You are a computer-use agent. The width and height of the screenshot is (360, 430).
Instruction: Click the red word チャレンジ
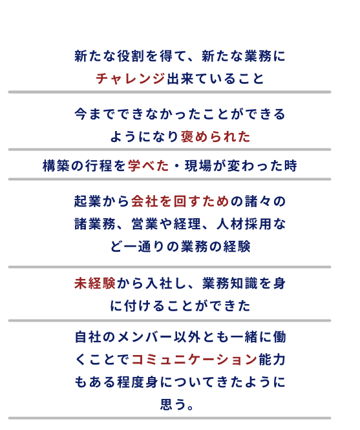click(x=131, y=79)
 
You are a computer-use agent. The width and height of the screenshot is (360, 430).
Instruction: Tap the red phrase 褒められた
click(x=216, y=137)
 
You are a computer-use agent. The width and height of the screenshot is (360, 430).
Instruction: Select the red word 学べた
click(x=148, y=166)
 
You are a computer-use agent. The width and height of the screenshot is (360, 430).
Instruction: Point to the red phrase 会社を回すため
click(x=180, y=201)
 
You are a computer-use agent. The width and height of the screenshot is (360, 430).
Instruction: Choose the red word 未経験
click(x=95, y=283)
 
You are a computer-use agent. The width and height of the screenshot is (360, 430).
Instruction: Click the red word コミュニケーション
click(x=195, y=360)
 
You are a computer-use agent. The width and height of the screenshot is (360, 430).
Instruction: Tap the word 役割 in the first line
click(x=131, y=56)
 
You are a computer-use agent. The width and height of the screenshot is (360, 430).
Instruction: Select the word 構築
click(x=56, y=166)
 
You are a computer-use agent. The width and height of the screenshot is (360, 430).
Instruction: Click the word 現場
click(x=198, y=166)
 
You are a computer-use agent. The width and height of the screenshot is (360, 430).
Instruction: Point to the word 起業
click(x=88, y=201)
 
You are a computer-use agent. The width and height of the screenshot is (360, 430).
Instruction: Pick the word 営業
click(x=145, y=224)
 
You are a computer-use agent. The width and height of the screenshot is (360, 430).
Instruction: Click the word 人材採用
click(x=244, y=224)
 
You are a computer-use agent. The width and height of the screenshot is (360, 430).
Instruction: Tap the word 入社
click(x=159, y=283)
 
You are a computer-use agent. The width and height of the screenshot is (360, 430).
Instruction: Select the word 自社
click(x=88, y=337)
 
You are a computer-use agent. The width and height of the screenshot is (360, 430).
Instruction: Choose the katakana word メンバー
click(x=145, y=337)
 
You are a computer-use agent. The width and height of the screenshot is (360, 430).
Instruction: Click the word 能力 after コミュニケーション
click(x=272, y=360)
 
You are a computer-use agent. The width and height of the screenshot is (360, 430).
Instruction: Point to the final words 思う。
click(x=177, y=404)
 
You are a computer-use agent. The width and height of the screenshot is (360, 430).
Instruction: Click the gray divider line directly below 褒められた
click(x=169, y=149)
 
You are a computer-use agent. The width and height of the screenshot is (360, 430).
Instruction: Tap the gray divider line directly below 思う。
click(x=169, y=418)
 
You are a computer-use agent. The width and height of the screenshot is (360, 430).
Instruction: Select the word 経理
click(x=187, y=224)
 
